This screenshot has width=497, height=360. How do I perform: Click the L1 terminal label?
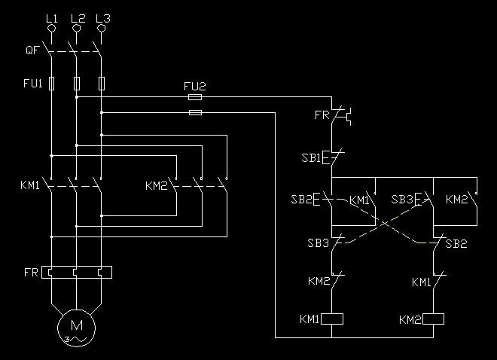click(x=51, y=17)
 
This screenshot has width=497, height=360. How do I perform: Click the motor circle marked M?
click(x=76, y=326)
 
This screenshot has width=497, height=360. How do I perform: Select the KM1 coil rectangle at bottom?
click(x=332, y=319)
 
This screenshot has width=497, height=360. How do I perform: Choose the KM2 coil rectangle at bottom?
click(x=434, y=319)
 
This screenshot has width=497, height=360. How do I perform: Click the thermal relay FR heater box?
click(x=76, y=271)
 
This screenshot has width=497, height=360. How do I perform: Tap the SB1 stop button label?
click(x=311, y=158)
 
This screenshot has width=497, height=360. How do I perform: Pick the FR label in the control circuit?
click(x=321, y=115)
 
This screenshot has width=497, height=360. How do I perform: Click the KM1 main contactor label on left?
click(x=30, y=185)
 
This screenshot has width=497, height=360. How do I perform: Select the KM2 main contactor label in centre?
click(x=155, y=185)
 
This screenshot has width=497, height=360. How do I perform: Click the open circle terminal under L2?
click(x=76, y=29)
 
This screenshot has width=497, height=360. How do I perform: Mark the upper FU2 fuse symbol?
click(x=195, y=97)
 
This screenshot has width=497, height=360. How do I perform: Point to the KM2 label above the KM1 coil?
click(x=319, y=281)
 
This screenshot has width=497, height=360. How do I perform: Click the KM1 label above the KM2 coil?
click(x=422, y=282)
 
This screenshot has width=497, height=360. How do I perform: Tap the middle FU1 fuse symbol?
click(x=76, y=83)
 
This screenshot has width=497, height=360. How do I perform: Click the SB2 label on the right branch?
click(x=456, y=244)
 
